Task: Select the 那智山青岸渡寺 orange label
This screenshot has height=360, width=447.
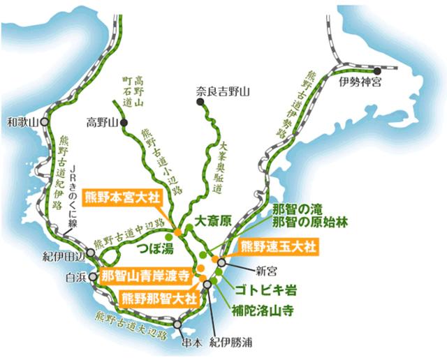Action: pyautogui.click(x=145, y=275)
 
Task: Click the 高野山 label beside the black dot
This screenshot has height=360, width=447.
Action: pyautogui.click(x=101, y=123)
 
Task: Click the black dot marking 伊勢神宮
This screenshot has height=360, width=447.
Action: pyautogui.click(x=376, y=70)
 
